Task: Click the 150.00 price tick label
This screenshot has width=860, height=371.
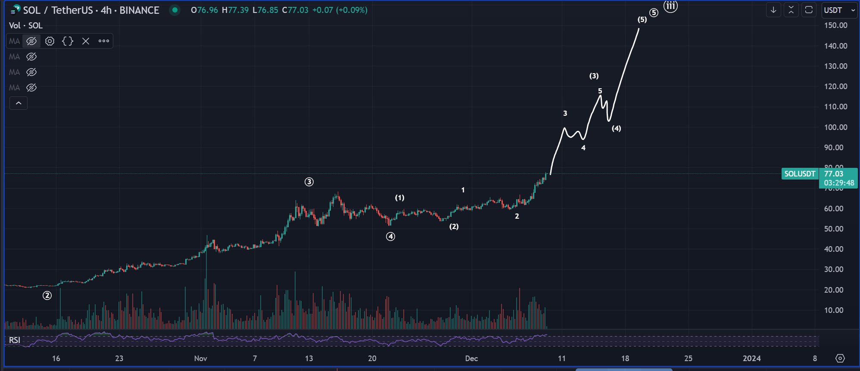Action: click(835, 25)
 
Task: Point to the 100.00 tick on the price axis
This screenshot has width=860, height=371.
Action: click(835, 127)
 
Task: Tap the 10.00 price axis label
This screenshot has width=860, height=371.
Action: click(833, 310)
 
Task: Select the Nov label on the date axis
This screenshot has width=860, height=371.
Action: click(200, 359)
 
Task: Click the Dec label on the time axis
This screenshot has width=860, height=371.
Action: click(471, 359)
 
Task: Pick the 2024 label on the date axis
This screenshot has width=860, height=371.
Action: click(751, 359)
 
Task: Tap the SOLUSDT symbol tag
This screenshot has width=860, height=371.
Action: click(800, 174)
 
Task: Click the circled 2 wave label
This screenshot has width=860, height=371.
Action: click(47, 296)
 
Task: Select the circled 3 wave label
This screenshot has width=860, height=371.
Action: click(309, 182)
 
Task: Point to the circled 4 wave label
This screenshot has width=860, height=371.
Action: click(390, 236)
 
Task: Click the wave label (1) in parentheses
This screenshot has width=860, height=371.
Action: click(400, 198)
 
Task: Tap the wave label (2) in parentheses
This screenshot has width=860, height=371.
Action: click(454, 227)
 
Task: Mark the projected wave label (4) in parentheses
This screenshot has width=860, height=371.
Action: click(616, 129)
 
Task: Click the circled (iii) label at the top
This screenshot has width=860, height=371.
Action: click(670, 6)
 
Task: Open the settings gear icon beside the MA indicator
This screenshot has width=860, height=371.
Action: click(50, 41)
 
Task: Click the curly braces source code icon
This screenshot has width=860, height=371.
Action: click(68, 41)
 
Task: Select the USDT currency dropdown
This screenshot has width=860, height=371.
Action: click(839, 10)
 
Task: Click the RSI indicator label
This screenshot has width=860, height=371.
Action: click(15, 340)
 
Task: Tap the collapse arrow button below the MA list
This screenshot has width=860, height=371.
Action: click(19, 103)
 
